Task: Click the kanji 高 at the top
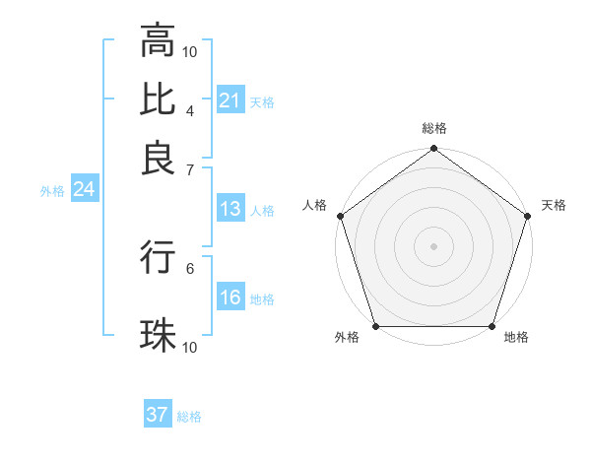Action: tap(158, 41)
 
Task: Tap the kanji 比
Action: tap(158, 99)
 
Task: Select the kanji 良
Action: tap(158, 157)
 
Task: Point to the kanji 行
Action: tap(158, 258)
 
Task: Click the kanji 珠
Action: tap(158, 336)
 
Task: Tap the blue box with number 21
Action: tap(230, 100)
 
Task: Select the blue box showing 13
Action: tap(230, 209)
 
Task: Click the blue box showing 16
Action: tap(230, 298)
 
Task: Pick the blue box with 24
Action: tap(84, 189)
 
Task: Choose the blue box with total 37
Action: tap(157, 415)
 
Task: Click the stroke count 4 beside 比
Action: tap(189, 109)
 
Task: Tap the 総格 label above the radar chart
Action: tap(433, 128)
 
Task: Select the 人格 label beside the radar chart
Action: tap(314, 205)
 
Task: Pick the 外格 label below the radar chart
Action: tap(347, 338)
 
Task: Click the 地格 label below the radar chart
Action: tap(516, 338)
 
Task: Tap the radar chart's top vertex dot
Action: tap(433, 150)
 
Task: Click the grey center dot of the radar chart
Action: tap(433, 245)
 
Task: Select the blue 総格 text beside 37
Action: tap(189, 417)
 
